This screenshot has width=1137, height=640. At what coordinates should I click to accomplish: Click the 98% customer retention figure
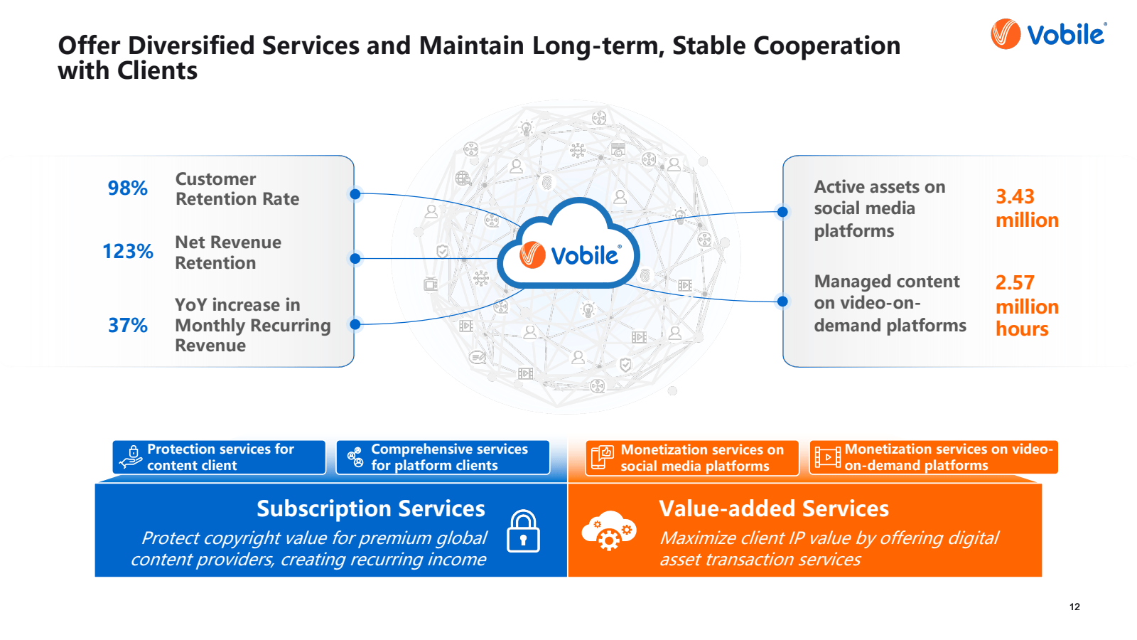click(x=128, y=188)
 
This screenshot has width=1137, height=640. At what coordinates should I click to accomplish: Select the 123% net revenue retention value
click(x=128, y=252)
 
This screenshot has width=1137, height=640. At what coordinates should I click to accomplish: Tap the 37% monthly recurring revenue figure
click(x=128, y=326)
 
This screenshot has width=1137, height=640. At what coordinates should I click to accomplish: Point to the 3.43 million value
click(x=1027, y=208)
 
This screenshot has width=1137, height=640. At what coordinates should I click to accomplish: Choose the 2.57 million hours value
click(x=1027, y=306)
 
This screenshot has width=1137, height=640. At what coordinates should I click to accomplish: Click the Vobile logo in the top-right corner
click(x=1049, y=34)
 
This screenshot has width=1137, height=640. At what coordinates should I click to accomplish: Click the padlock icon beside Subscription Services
click(x=523, y=531)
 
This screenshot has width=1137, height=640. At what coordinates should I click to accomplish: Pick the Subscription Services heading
click(x=370, y=509)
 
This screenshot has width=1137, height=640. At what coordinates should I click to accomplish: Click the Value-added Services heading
click(x=774, y=509)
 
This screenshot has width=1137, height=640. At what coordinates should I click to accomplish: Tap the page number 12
click(x=1074, y=607)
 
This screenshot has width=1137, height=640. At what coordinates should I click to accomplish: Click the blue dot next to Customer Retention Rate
click(x=355, y=194)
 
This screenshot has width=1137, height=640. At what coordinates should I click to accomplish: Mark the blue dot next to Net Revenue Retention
click(x=355, y=259)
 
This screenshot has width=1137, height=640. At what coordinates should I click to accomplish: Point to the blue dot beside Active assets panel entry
click(x=782, y=212)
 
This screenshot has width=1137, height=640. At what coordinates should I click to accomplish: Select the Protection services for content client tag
click(x=219, y=457)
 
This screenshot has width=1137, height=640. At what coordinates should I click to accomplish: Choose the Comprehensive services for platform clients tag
click(x=443, y=457)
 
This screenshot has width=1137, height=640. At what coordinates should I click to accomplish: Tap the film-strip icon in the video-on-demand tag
click(x=827, y=457)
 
